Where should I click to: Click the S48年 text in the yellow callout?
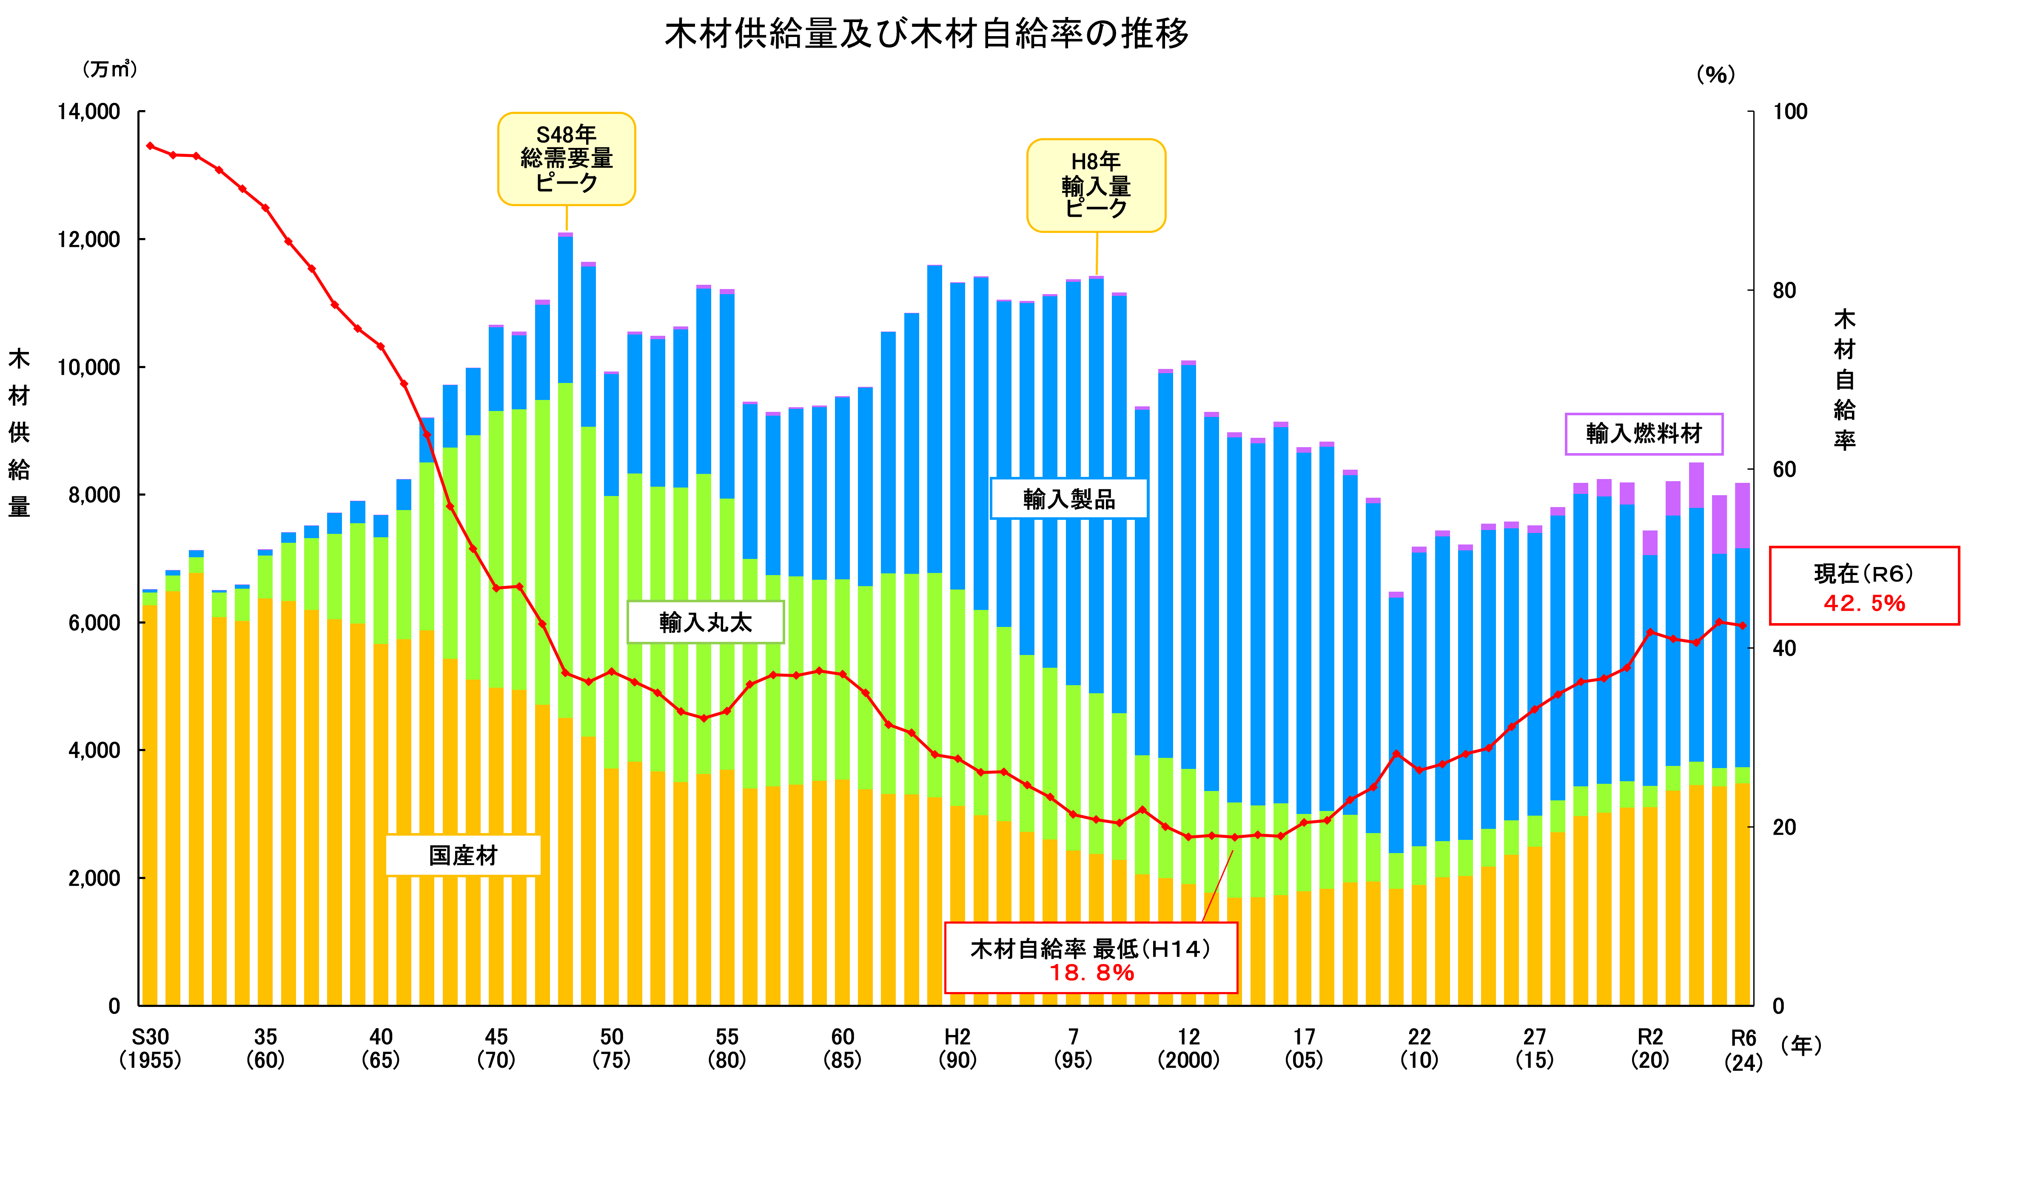pyautogui.click(x=566, y=134)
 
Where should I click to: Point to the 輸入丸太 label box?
pyautogui.click(x=705, y=622)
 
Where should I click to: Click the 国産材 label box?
pyautogui.click(x=463, y=855)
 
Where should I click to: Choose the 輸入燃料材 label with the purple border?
pyautogui.click(x=1644, y=434)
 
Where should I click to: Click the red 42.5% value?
pyautogui.click(x=1864, y=603)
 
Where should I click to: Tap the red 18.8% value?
pyautogui.click(x=1091, y=973)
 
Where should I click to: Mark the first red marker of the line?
pyautogui.click(x=150, y=146)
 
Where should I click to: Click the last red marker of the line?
pyautogui.click(x=1742, y=625)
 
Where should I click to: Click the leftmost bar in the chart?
pyautogui.click(x=150, y=800)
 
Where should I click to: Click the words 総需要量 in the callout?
pyautogui.click(x=566, y=159)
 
